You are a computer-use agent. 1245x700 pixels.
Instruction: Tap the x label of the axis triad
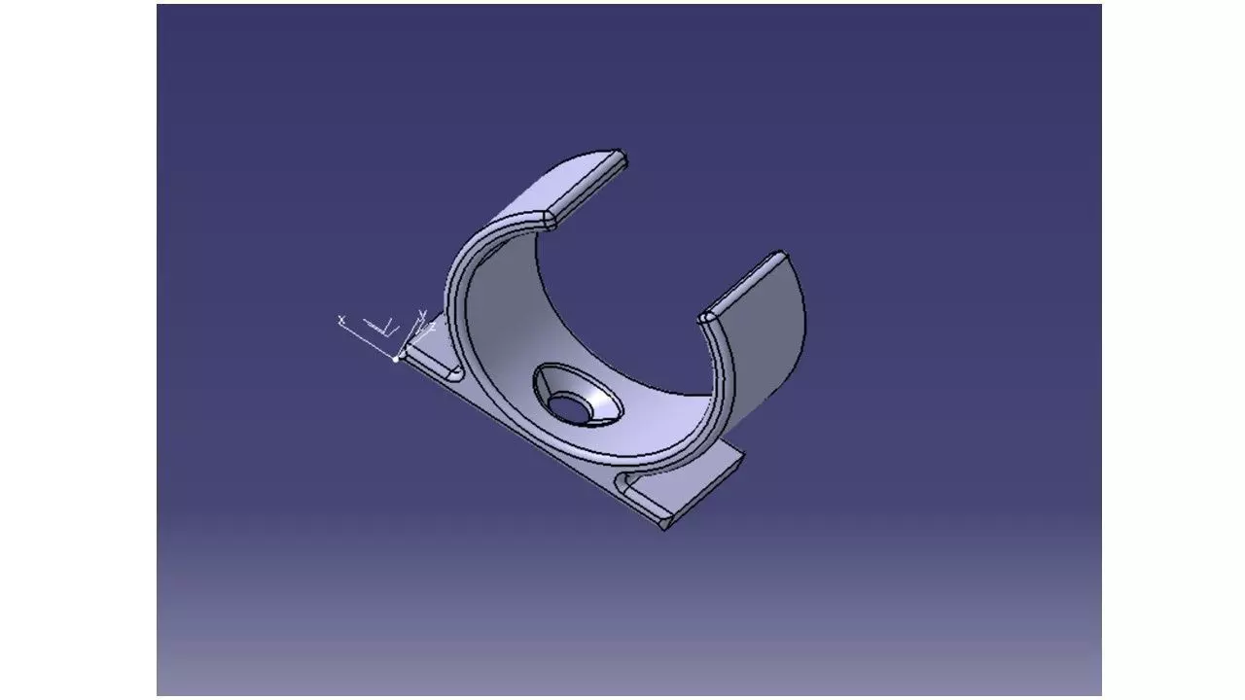[x=341, y=319]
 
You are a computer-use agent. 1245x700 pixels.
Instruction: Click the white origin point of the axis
[x=396, y=359]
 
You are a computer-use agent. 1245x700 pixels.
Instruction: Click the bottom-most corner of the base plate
[x=664, y=528]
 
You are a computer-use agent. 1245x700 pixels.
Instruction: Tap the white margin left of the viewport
[x=78, y=350]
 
